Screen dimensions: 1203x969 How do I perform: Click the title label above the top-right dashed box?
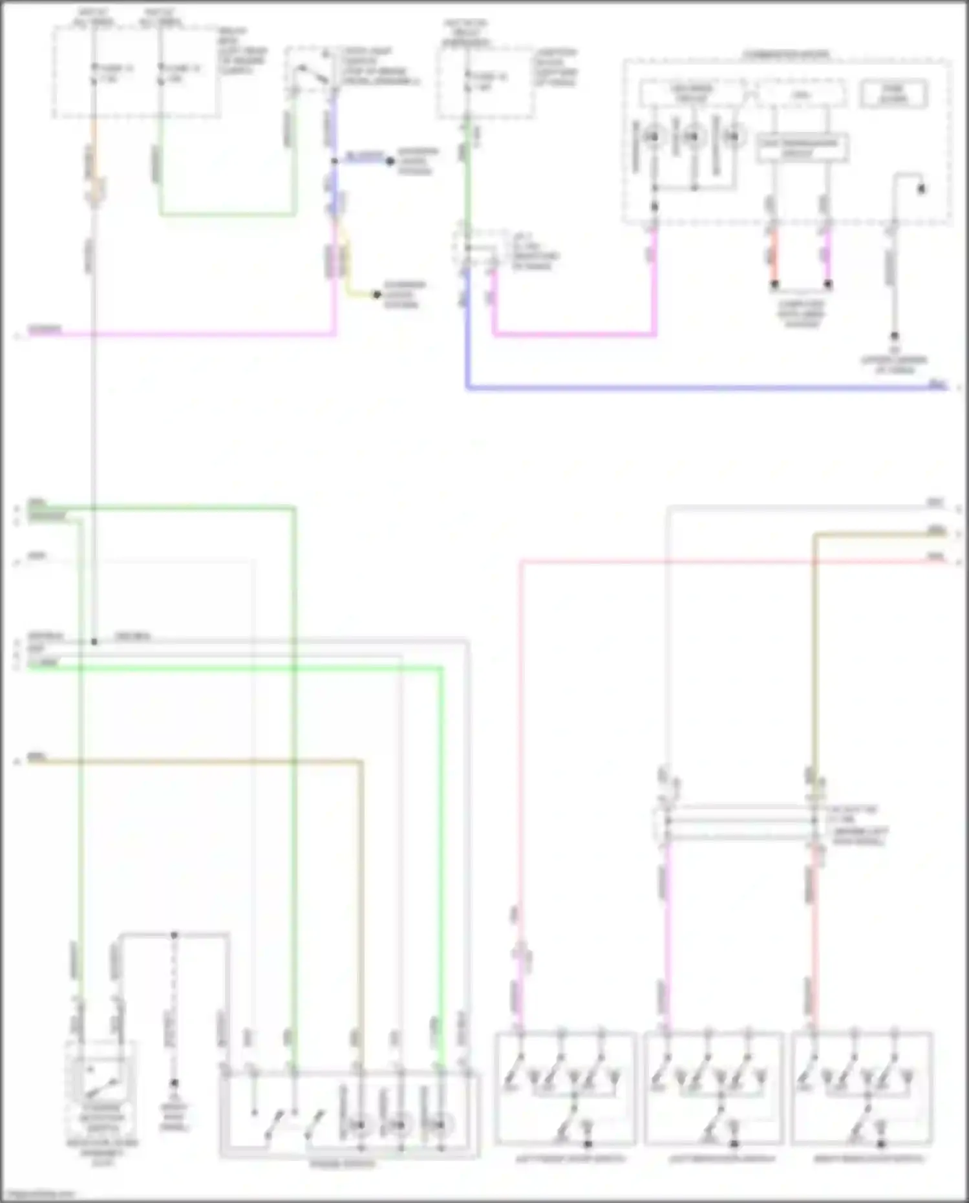tap(786, 54)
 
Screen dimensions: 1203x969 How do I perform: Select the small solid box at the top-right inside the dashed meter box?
tap(893, 94)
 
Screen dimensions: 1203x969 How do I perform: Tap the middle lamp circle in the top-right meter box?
tap(692, 137)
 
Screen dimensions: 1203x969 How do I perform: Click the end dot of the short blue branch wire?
tap(390, 161)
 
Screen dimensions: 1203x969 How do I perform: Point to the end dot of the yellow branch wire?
tap(377, 295)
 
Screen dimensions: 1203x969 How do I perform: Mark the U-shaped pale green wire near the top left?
tap(226, 213)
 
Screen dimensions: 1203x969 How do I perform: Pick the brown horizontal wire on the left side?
tap(194, 761)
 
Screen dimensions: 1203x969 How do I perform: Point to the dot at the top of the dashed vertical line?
tap(174, 935)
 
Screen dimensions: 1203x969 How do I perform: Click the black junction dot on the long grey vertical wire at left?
tap(94, 641)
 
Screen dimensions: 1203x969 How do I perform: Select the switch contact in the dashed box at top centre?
tap(311, 73)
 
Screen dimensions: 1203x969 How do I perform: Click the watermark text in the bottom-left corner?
tap(39, 1195)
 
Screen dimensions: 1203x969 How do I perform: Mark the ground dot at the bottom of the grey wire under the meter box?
tap(895, 336)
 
